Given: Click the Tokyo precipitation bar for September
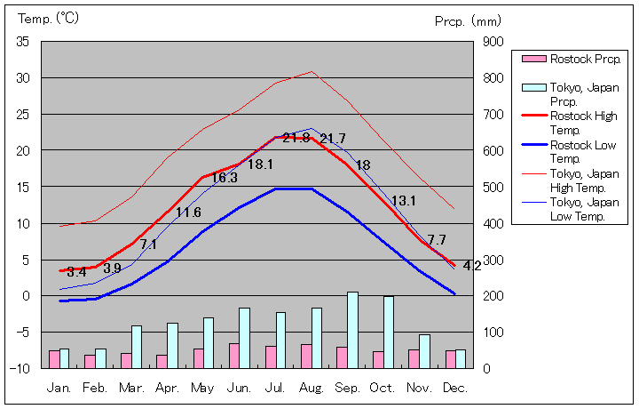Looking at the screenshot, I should (352, 330).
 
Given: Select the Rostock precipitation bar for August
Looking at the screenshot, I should (306, 356).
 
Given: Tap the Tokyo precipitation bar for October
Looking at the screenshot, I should (389, 332).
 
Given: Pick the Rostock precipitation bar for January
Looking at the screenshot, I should (54, 358).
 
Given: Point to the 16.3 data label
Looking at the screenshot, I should (224, 178).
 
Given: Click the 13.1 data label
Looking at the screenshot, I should (404, 201).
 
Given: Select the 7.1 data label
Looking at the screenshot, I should (148, 245).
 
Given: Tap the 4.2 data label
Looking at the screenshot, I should (472, 265).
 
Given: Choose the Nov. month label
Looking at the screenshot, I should (419, 389).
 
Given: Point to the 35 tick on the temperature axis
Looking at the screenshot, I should (23, 42).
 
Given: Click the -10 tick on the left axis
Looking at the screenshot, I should (21, 368).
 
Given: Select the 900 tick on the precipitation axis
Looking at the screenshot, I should (493, 42).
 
